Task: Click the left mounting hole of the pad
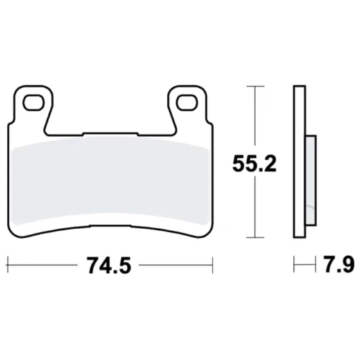pos(32,103)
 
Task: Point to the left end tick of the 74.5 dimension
pos(7,264)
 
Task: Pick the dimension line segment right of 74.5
pos(173,264)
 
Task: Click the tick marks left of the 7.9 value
pos(299,264)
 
